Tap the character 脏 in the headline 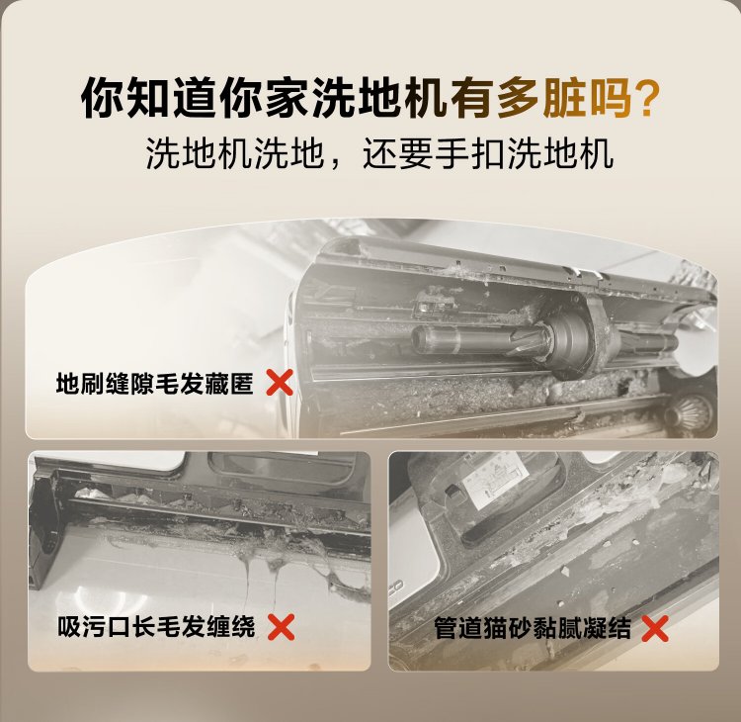(564, 98)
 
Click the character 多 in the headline (518, 98)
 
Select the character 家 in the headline (287, 98)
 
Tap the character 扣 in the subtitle (489, 153)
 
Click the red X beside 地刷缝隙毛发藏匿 (280, 383)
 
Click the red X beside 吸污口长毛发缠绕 (282, 627)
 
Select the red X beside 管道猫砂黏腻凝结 (655, 628)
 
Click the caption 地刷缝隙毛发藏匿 (154, 383)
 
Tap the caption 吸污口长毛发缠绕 (156, 627)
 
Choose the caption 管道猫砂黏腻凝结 (533, 628)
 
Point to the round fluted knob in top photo (688, 412)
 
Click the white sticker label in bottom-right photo (494, 485)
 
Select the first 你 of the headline (102, 98)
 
